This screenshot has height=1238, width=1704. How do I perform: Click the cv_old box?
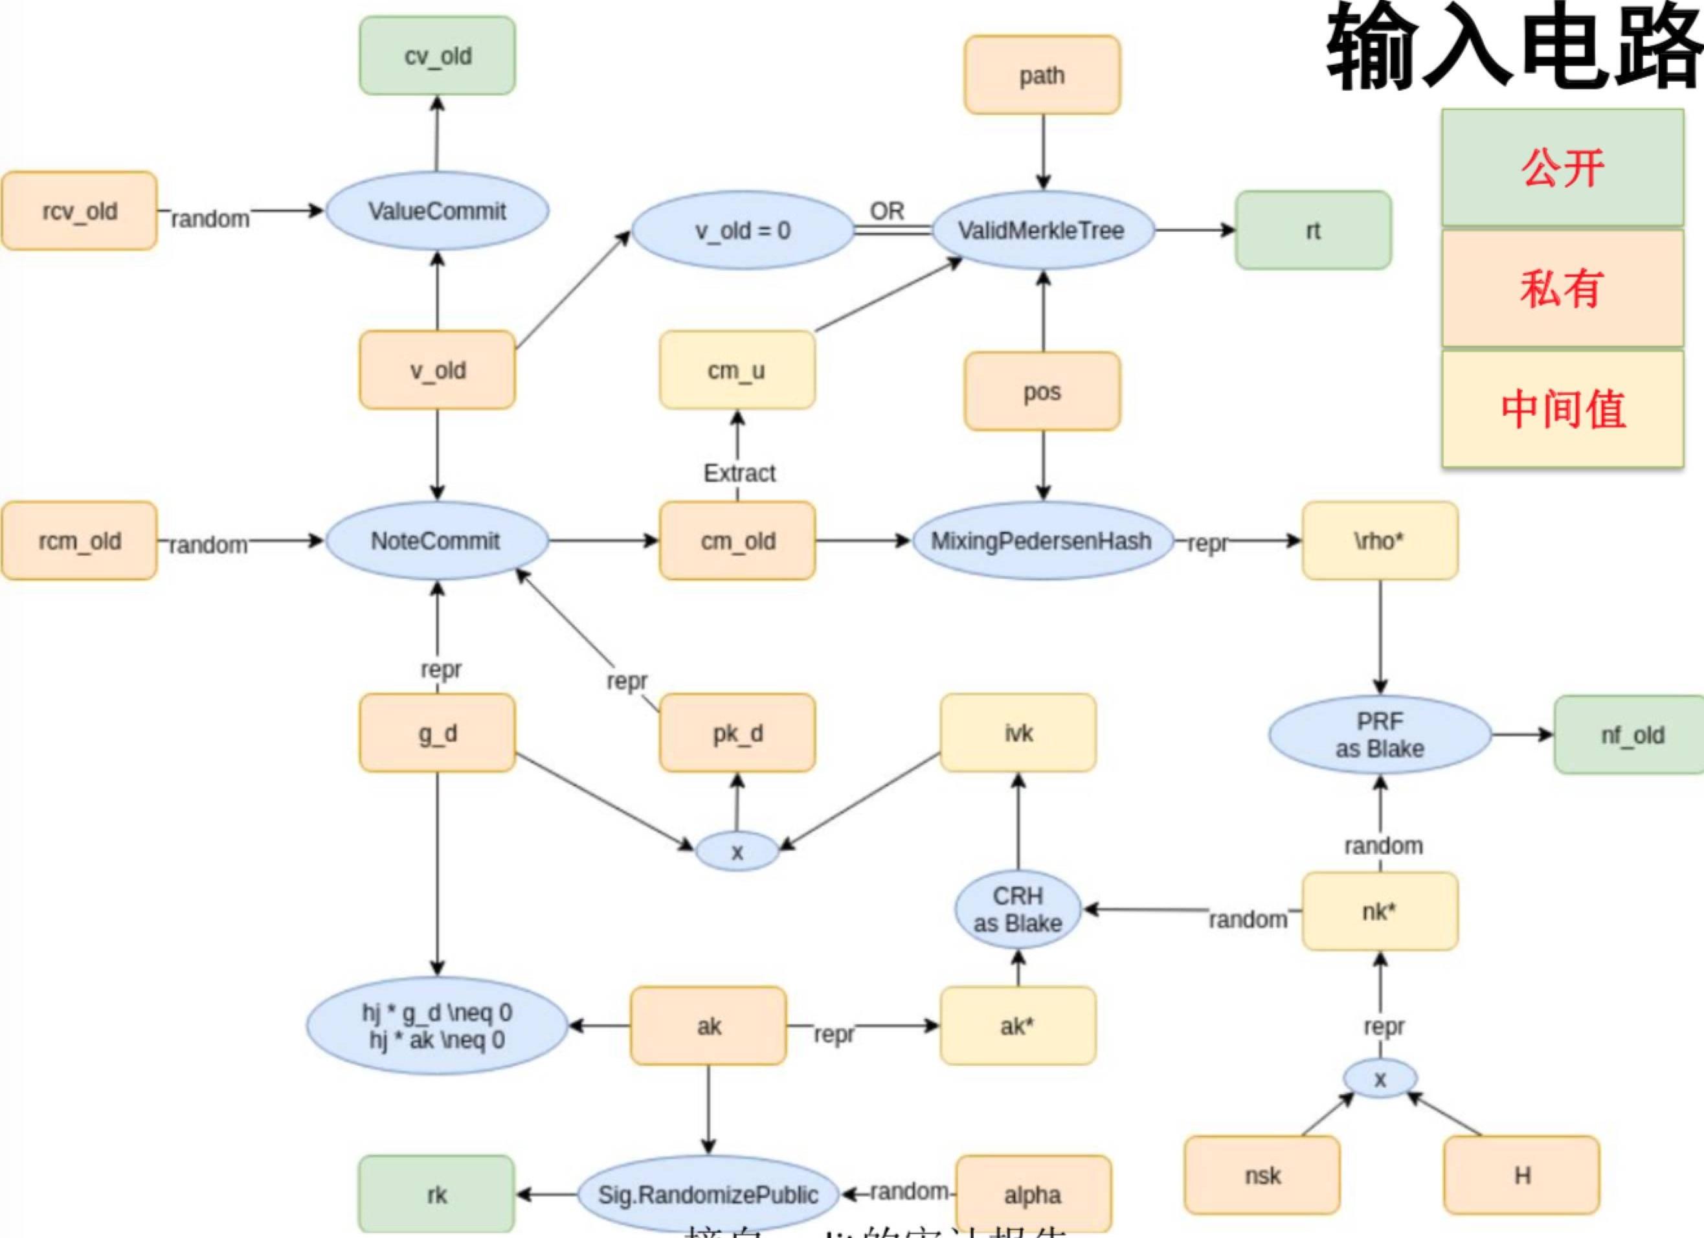[437, 56]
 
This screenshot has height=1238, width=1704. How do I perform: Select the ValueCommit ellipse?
[436, 211]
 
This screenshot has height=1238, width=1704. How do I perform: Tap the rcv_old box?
[80, 211]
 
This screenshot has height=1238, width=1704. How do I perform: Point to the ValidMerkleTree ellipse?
[1042, 231]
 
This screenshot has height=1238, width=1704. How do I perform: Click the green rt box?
[1312, 231]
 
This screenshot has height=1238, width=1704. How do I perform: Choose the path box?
[1042, 75]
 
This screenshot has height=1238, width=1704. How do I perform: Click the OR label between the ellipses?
[888, 211]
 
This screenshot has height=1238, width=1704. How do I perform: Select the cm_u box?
[737, 370]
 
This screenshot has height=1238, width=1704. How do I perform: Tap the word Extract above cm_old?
[739, 473]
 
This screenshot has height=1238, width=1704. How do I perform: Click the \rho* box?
[1380, 541]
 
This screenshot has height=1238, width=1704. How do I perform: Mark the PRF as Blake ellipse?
[1380, 735]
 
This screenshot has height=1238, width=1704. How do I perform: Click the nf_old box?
[1632, 735]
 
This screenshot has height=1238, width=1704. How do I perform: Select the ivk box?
[1018, 733]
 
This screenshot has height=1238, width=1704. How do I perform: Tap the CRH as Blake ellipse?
[1018, 910]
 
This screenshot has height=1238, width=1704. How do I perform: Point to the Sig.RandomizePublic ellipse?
[708, 1195]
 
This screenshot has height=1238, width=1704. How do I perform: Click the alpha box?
[1033, 1195]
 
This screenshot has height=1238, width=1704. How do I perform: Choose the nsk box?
[1262, 1176]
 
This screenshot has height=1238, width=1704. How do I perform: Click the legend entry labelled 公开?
[1562, 168]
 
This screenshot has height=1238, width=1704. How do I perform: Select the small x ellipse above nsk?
[1380, 1079]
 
